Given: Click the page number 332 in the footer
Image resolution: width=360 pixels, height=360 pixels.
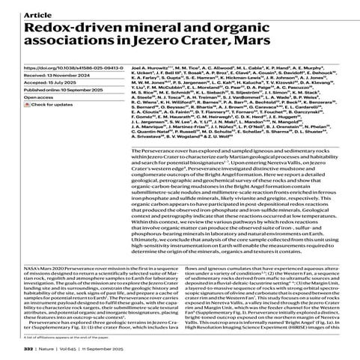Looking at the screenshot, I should point(28,350).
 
